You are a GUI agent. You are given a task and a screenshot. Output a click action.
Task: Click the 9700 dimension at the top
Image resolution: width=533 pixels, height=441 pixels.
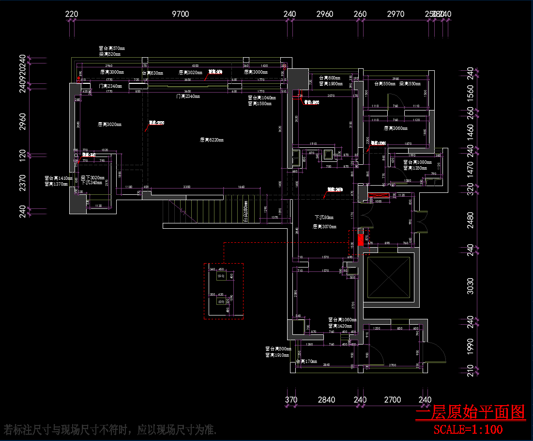click(181, 14)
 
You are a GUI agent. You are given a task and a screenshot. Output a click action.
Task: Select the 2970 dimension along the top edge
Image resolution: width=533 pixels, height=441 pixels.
click(396, 14)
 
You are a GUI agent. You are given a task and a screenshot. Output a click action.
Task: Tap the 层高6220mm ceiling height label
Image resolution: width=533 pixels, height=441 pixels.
click(212, 140)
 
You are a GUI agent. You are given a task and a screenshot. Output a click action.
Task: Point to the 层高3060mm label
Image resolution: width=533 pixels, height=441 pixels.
click(396, 128)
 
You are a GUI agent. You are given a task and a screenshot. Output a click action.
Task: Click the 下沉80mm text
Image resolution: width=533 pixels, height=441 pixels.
click(324, 218)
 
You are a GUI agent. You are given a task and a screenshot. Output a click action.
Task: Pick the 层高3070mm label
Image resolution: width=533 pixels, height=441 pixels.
click(324, 226)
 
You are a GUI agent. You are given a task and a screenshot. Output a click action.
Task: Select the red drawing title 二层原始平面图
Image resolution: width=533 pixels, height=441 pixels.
click(470, 412)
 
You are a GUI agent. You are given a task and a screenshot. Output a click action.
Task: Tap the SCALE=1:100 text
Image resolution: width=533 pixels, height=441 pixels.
click(468, 429)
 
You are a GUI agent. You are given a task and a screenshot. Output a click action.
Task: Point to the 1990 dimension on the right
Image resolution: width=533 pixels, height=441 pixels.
click(470, 346)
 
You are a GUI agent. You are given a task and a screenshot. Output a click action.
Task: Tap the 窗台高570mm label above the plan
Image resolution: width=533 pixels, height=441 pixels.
click(112, 48)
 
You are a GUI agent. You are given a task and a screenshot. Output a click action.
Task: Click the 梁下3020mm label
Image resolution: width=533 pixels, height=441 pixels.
click(92, 178)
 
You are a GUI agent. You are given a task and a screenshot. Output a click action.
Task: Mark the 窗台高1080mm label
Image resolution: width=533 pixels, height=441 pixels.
click(417, 162)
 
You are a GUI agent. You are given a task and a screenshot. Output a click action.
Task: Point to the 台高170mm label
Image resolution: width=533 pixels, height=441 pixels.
click(306, 362)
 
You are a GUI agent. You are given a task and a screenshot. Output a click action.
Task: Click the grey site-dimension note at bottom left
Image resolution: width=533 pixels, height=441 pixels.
click(110, 429)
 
